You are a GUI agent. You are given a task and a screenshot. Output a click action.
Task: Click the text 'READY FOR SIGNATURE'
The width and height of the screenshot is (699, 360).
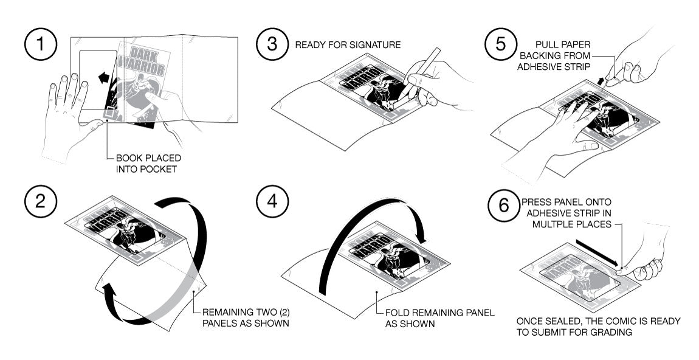348,45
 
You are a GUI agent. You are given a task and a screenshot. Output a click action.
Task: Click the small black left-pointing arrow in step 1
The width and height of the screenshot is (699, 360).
104,77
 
